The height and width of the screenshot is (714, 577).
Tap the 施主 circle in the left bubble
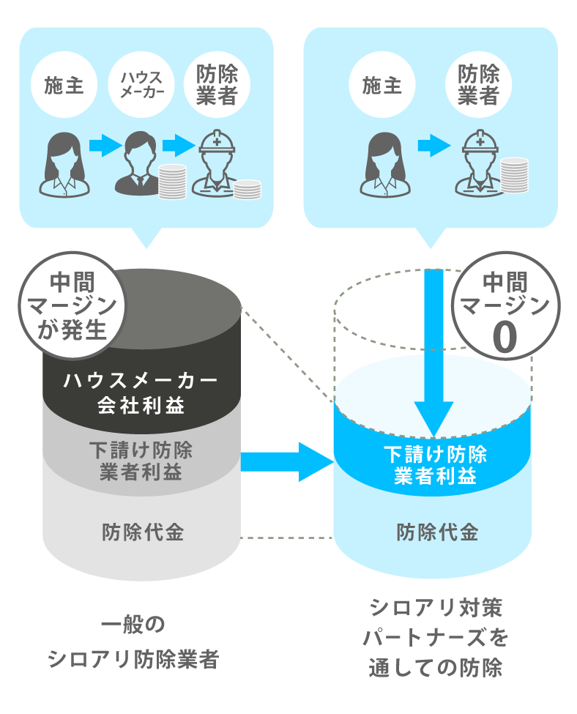coord(61,86)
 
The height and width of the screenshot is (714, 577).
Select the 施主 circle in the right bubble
coord(382,86)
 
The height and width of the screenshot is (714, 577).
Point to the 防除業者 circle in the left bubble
coord(217,86)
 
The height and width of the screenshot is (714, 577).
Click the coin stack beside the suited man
coord(172,182)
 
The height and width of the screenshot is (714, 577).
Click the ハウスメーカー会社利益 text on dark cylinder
coord(141,393)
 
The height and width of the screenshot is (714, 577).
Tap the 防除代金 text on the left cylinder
coord(142,532)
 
